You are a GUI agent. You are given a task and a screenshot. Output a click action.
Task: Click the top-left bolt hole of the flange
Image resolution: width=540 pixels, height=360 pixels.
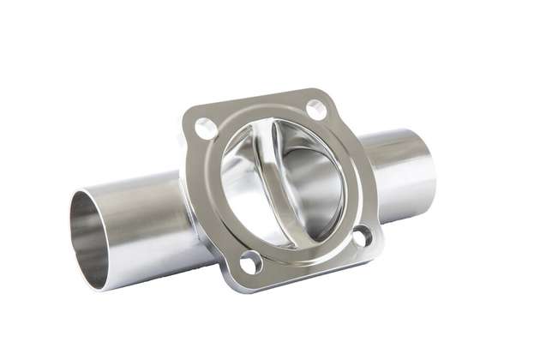[x=206, y=129]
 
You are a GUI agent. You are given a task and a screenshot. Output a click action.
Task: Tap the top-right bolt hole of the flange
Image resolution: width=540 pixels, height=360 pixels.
[x=315, y=109]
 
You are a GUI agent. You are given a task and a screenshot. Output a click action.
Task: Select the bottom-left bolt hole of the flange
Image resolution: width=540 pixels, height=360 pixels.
[x=251, y=262]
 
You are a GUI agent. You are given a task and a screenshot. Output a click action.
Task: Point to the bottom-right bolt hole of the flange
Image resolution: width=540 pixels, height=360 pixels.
[x=363, y=236]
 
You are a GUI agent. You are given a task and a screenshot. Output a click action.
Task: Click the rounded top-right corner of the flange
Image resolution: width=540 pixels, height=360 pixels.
[x=324, y=93]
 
